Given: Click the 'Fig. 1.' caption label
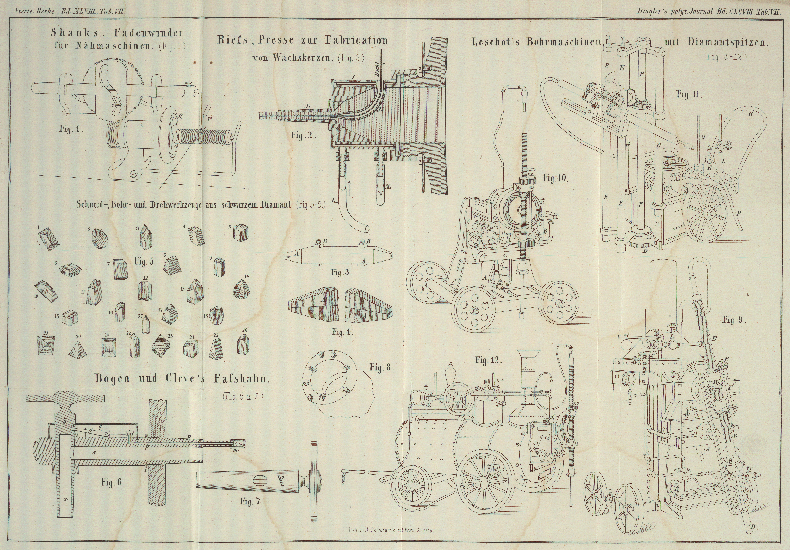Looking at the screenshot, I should [71, 129].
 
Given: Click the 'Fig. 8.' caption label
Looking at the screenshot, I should [382, 367].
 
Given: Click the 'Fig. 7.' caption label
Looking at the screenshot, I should [251, 502].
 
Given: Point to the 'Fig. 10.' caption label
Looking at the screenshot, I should [555, 178].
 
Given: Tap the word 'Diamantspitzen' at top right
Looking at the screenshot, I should [728, 42].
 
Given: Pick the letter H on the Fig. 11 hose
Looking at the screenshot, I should [750, 114].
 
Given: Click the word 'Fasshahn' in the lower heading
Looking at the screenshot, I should [241, 379].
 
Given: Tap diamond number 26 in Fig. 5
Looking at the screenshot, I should [243, 345].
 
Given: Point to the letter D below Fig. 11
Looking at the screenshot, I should [645, 251].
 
